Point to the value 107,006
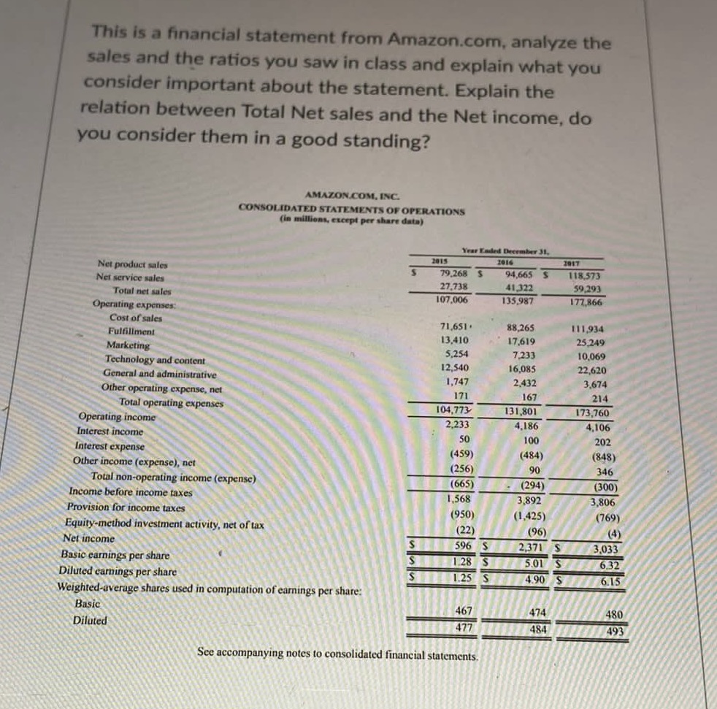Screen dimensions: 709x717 (451, 299)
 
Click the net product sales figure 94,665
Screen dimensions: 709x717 (521, 273)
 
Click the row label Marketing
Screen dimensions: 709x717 (128, 345)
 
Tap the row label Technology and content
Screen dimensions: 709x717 (155, 359)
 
